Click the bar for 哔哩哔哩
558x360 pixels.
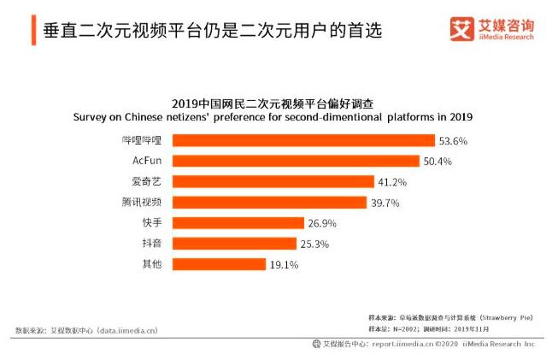pos(303,140)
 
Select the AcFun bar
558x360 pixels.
pos(296,161)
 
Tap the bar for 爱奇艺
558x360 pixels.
pos(273,181)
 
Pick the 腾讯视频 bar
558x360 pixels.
pos(270,203)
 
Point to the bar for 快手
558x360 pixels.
pos(238,223)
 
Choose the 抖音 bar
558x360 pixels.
pos(234,244)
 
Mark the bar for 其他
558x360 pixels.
pos(219,264)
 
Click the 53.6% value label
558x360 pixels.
pos(453,140)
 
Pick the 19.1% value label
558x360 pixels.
pos(284,265)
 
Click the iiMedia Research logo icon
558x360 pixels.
pos(461,29)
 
